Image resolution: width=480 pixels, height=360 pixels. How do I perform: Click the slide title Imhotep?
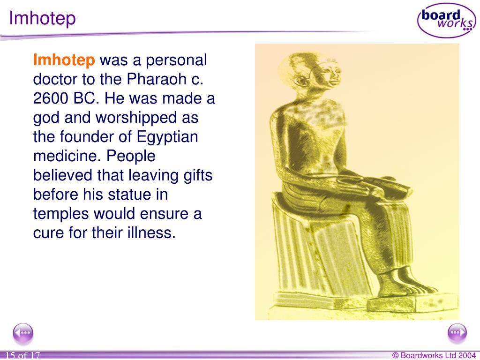43,19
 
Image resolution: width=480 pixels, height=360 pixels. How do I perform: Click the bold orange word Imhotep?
64,60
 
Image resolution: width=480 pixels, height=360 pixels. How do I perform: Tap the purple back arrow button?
23,334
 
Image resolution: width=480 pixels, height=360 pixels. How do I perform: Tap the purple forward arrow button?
457,334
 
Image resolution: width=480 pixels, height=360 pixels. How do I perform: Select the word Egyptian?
167,137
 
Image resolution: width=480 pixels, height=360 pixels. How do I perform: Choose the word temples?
61,214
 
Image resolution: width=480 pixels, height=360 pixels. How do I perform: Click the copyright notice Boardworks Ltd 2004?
434,356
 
